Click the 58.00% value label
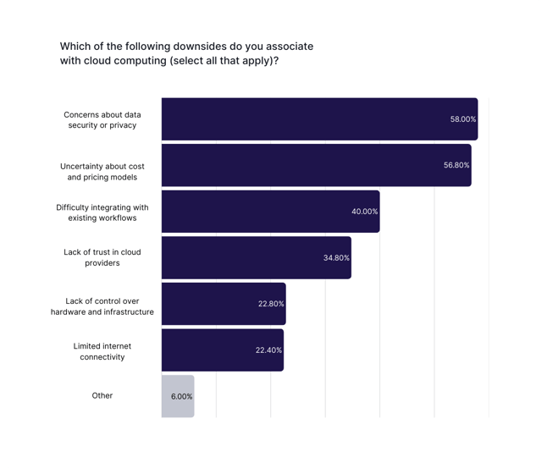click(462, 119)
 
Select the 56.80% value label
click(456, 165)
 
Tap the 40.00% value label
click(364, 212)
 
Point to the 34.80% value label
click(336, 257)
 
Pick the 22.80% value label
click(271, 303)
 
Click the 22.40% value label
click(268, 350)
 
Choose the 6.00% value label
click(181, 396)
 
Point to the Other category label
click(102, 396)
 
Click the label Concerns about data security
click(102, 119)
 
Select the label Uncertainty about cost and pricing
click(102, 171)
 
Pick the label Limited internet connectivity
click(102, 351)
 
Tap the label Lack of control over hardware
click(102, 306)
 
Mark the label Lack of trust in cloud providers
click(102, 257)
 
